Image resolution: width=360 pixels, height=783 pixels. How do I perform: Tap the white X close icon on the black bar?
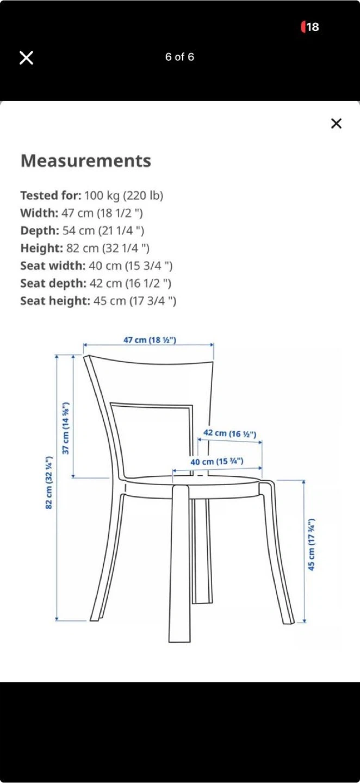(x=26, y=58)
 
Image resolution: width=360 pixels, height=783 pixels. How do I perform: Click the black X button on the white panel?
(x=336, y=123)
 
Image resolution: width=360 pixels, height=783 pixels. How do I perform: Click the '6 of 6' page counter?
(x=179, y=57)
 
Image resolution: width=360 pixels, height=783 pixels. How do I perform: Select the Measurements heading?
(x=86, y=161)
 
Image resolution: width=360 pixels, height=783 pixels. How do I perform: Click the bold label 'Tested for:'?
(x=51, y=195)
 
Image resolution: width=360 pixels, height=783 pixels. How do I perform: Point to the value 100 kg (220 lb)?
(x=123, y=195)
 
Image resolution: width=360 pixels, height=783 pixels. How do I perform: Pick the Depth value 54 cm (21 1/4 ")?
(x=103, y=231)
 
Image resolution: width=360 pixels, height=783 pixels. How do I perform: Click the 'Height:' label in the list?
(x=42, y=248)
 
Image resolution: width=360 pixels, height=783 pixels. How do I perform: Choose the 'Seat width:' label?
(x=53, y=266)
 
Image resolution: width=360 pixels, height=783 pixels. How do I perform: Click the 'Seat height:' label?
(x=55, y=301)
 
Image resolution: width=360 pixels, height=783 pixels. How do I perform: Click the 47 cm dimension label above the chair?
(x=150, y=340)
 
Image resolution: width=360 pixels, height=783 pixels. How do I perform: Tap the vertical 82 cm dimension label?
(x=49, y=483)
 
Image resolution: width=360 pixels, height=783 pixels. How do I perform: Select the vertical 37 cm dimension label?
(x=66, y=428)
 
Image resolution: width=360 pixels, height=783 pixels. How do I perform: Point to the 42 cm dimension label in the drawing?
(x=229, y=433)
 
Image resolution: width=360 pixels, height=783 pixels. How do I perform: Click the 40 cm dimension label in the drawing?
(x=216, y=462)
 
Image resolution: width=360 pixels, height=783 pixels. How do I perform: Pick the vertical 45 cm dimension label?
(x=312, y=544)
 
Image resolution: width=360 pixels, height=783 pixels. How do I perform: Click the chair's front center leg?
(x=180, y=565)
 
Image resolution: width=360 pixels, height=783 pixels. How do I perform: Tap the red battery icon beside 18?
(x=303, y=27)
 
